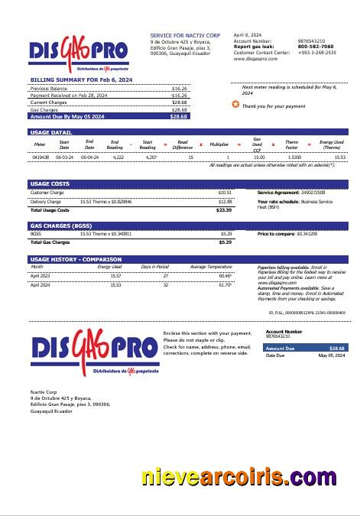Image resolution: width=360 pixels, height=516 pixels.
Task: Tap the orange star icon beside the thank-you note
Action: (235, 105)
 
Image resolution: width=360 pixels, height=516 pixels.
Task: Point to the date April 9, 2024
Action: (248, 35)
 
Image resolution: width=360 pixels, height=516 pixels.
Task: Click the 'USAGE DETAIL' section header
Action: (51, 132)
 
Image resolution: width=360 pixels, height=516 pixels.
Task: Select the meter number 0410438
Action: (41, 157)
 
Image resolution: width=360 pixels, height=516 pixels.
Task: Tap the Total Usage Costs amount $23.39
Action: (224, 209)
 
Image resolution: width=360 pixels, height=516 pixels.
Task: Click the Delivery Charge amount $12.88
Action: (225, 201)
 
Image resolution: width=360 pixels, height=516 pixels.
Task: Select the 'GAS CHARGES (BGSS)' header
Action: (61, 226)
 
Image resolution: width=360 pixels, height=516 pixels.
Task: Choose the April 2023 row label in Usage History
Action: (41, 274)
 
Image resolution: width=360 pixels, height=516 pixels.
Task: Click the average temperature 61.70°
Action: (225, 284)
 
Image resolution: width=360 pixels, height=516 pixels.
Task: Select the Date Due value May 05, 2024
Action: (332, 355)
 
